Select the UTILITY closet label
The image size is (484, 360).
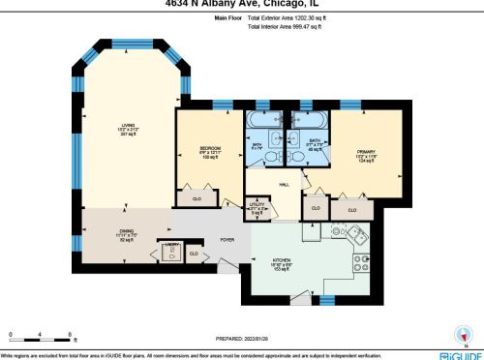tap(257, 206)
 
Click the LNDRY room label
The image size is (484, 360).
tap(171, 244)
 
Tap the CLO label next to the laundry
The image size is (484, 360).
tap(195, 254)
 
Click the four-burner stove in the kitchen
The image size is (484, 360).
tap(363, 259)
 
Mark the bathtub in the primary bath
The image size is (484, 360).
tap(313, 122)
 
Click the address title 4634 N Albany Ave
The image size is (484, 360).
tap(243, 4)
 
